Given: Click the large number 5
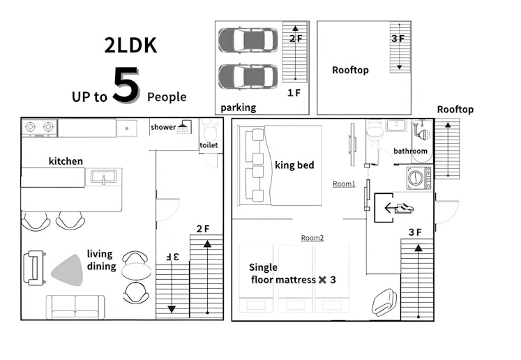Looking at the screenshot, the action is [x=126, y=84].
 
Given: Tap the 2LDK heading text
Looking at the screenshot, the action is [x=130, y=45].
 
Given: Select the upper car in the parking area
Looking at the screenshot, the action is [x=248, y=40].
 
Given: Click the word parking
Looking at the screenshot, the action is [x=239, y=107].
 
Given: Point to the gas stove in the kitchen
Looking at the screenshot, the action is [x=39, y=128].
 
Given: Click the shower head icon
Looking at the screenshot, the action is [x=183, y=127].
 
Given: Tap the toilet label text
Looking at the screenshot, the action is [x=209, y=145].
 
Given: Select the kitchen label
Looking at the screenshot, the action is [x=66, y=161].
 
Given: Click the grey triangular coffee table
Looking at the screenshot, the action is [x=68, y=271].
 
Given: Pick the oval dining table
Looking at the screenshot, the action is [x=136, y=271].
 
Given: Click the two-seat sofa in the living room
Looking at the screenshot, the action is [x=75, y=307].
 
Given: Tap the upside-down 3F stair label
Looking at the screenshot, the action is [x=172, y=257].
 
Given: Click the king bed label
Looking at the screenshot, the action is [x=294, y=165].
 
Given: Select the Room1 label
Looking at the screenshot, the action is [x=344, y=183].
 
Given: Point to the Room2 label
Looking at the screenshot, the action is [x=312, y=238].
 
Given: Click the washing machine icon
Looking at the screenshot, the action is [x=418, y=178].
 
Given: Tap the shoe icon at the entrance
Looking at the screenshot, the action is [x=404, y=208].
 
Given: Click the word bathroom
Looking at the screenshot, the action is [x=410, y=151].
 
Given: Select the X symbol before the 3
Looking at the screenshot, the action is [x=322, y=280].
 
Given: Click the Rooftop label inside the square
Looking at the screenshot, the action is [x=350, y=70].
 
